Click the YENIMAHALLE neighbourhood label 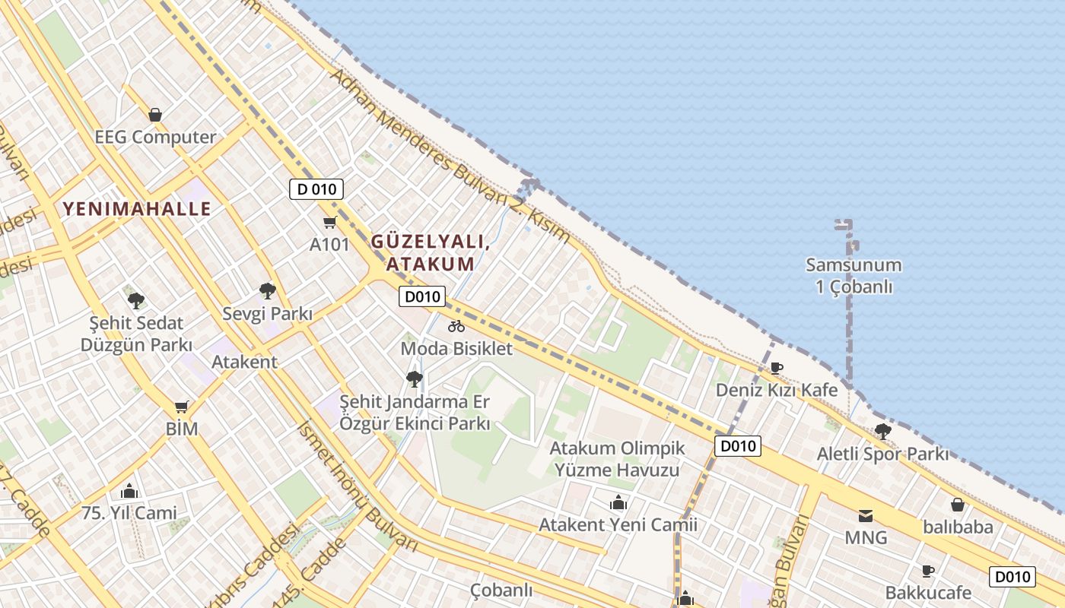click(x=137, y=209)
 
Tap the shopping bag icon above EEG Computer click(x=155, y=115)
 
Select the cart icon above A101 click(x=329, y=222)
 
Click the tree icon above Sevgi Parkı click(x=267, y=290)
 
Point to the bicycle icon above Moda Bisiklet click(x=456, y=326)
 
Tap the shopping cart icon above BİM click(x=181, y=407)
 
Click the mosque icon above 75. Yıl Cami click(x=129, y=490)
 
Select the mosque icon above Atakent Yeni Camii click(x=618, y=502)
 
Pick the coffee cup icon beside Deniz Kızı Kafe click(x=776, y=368)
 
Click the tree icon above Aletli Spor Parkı click(x=882, y=432)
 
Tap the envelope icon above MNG click(x=866, y=516)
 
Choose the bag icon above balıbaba click(x=958, y=505)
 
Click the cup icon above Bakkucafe click(x=927, y=571)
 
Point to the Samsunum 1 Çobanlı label click(x=854, y=276)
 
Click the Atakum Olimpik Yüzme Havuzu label click(x=617, y=459)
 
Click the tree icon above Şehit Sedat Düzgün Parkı click(x=136, y=300)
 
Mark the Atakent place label click(x=244, y=362)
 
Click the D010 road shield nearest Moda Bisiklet click(x=422, y=296)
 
